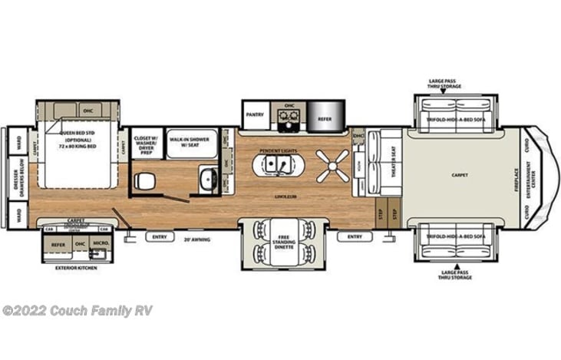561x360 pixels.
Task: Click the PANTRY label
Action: coord(256,115)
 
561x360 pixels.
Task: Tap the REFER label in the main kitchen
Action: coord(325,119)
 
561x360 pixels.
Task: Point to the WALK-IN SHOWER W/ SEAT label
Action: coord(189,141)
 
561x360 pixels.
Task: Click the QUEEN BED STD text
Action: coord(75,131)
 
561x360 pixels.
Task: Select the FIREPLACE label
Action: coord(516,174)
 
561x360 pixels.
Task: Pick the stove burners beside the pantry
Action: coord(289,117)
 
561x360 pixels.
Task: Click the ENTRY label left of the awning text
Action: coord(159,236)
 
